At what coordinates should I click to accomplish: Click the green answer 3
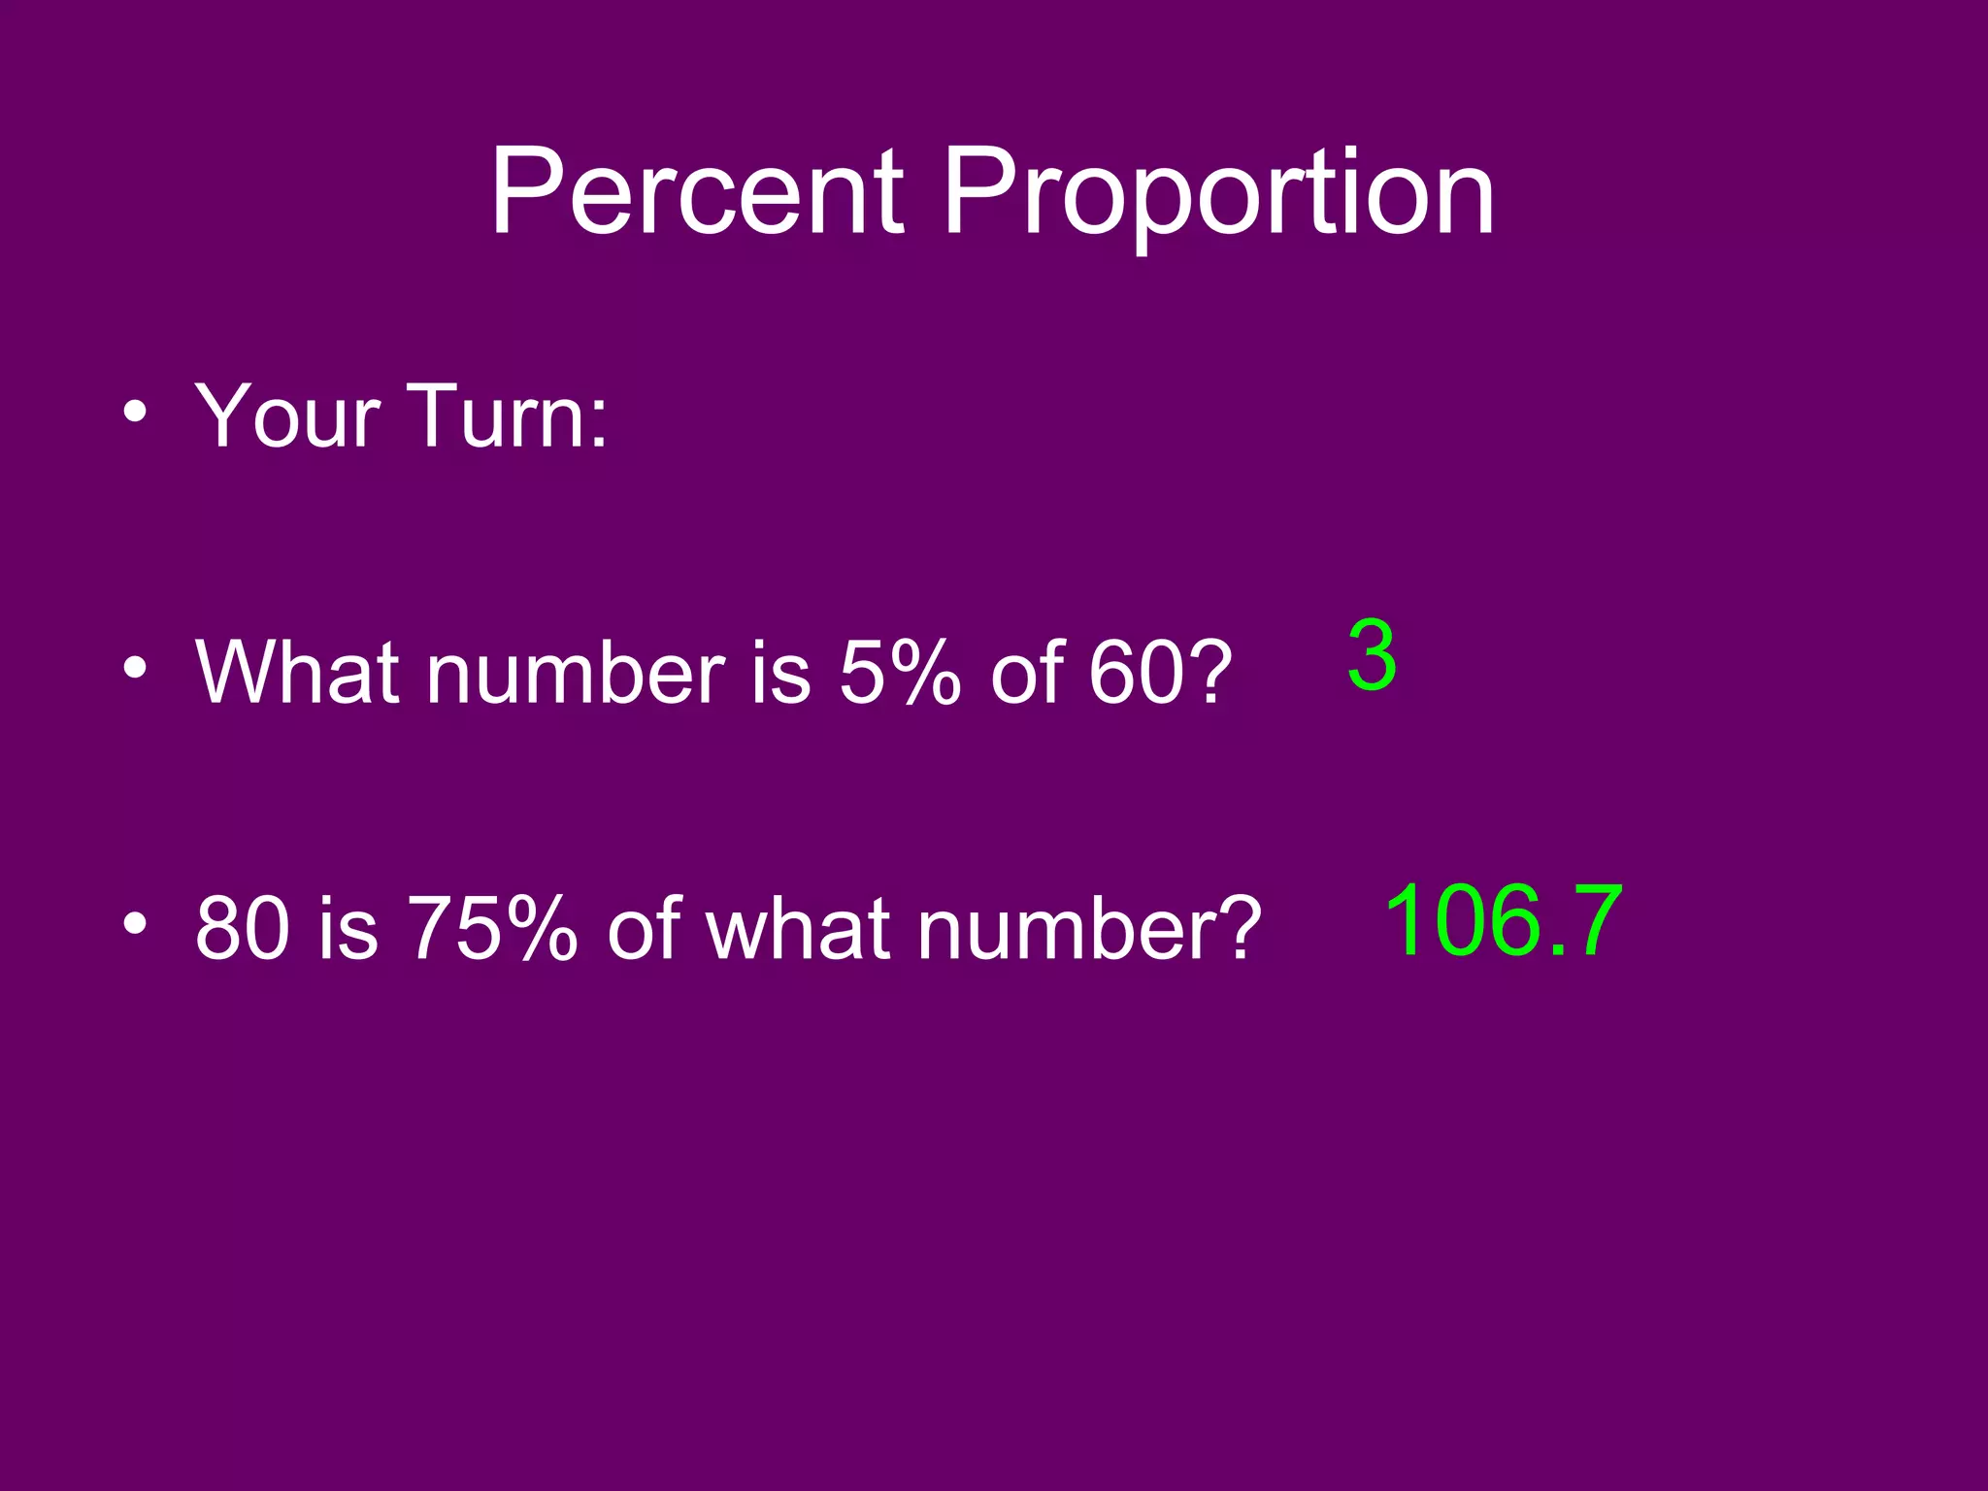(x=1372, y=657)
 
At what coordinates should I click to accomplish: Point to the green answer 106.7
(x=1503, y=919)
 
